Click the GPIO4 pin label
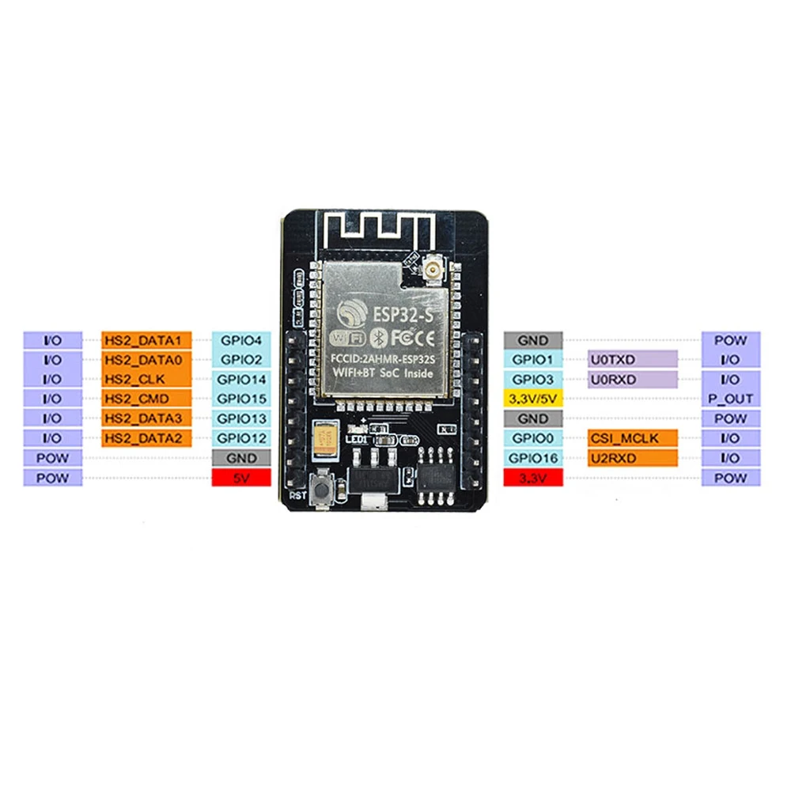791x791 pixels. coord(241,340)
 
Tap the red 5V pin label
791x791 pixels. coord(241,477)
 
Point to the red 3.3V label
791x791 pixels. coord(533,477)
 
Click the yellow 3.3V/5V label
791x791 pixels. coord(533,399)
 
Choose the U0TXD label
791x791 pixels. coord(632,360)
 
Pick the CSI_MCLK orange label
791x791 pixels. coord(632,438)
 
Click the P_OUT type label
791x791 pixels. coord(731,399)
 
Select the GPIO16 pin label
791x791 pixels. coord(533,457)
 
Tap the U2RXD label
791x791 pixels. coord(632,457)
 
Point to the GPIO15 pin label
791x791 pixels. coord(241,399)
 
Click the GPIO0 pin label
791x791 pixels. coord(533,438)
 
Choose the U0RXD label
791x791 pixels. coord(632,379)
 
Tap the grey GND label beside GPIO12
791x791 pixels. coord(241,457)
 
